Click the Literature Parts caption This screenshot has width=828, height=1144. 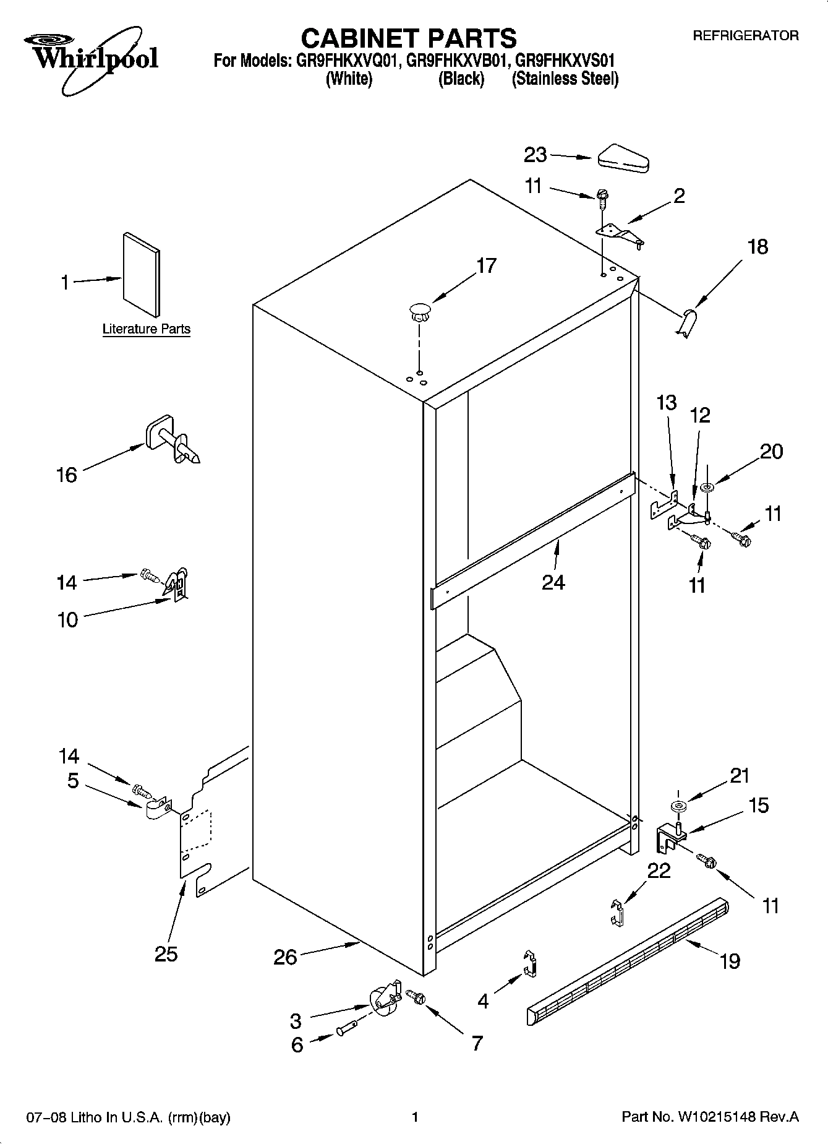click(146, 329)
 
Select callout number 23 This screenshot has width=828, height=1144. click(536, 155)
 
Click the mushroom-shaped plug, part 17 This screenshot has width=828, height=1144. click(420, 311)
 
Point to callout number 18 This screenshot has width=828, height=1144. click(758, 247)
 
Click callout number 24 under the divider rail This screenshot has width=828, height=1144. click(553, 582)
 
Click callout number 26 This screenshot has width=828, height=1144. click(285, 957)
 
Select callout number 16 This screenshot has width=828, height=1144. click(67, 475)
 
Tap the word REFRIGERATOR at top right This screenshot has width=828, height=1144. click(745, 36)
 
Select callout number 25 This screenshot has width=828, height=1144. click(166, 953)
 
